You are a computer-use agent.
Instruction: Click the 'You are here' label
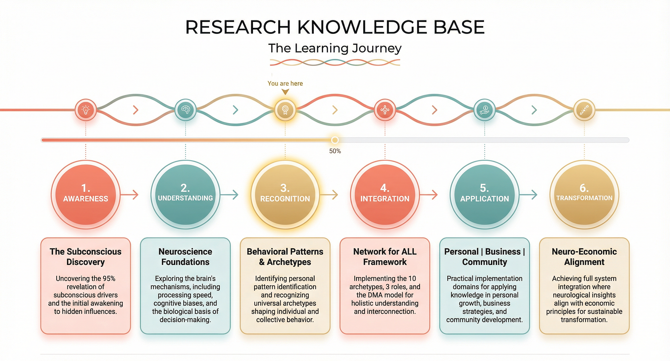[285, 83]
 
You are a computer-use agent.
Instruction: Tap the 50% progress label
[335, 151]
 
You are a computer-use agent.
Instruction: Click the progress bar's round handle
[335, 140]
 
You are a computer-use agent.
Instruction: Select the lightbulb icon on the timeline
[86, 110]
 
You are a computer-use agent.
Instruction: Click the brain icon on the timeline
[185, 110]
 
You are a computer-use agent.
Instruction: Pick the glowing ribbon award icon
[285, 110]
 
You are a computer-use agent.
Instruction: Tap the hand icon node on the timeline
[485, 110]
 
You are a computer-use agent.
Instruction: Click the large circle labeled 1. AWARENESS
[86, 194]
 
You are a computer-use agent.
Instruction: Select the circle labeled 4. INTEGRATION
[385, 194]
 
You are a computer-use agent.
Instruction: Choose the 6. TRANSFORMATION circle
[584, 194]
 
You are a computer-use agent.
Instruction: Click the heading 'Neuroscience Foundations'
[185, 257]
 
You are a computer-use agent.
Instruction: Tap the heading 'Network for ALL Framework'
[385, 257]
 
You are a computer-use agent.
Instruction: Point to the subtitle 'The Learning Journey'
[335, 48]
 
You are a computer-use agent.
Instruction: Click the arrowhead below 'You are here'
[285, 92]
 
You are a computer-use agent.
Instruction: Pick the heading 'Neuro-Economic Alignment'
[584, 257]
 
